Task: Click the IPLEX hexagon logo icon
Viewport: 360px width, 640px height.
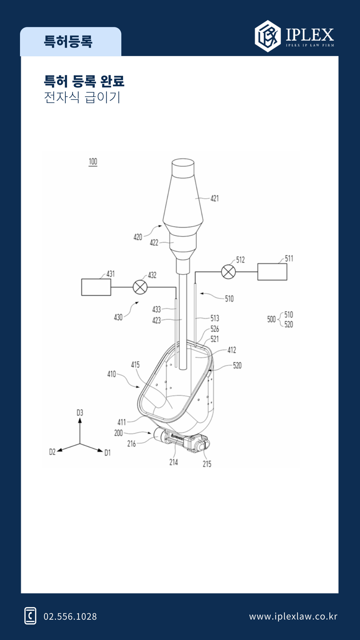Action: click(268, 36)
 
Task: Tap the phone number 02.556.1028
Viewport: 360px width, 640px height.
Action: click(70, 617)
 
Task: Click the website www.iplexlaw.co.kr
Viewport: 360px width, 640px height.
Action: click(293, 617)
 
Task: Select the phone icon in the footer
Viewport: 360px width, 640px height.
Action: click(30, 616)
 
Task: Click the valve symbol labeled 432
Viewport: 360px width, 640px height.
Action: click(140, 287)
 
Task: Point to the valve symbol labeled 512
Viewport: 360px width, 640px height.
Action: click(228, 272)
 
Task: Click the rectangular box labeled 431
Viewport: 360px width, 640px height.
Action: click(96, 287)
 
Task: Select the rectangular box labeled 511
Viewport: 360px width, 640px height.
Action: click(272, 272)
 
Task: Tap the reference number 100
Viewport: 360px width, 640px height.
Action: click(93, 162)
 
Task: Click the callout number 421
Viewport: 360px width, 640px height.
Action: click(215, 198)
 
